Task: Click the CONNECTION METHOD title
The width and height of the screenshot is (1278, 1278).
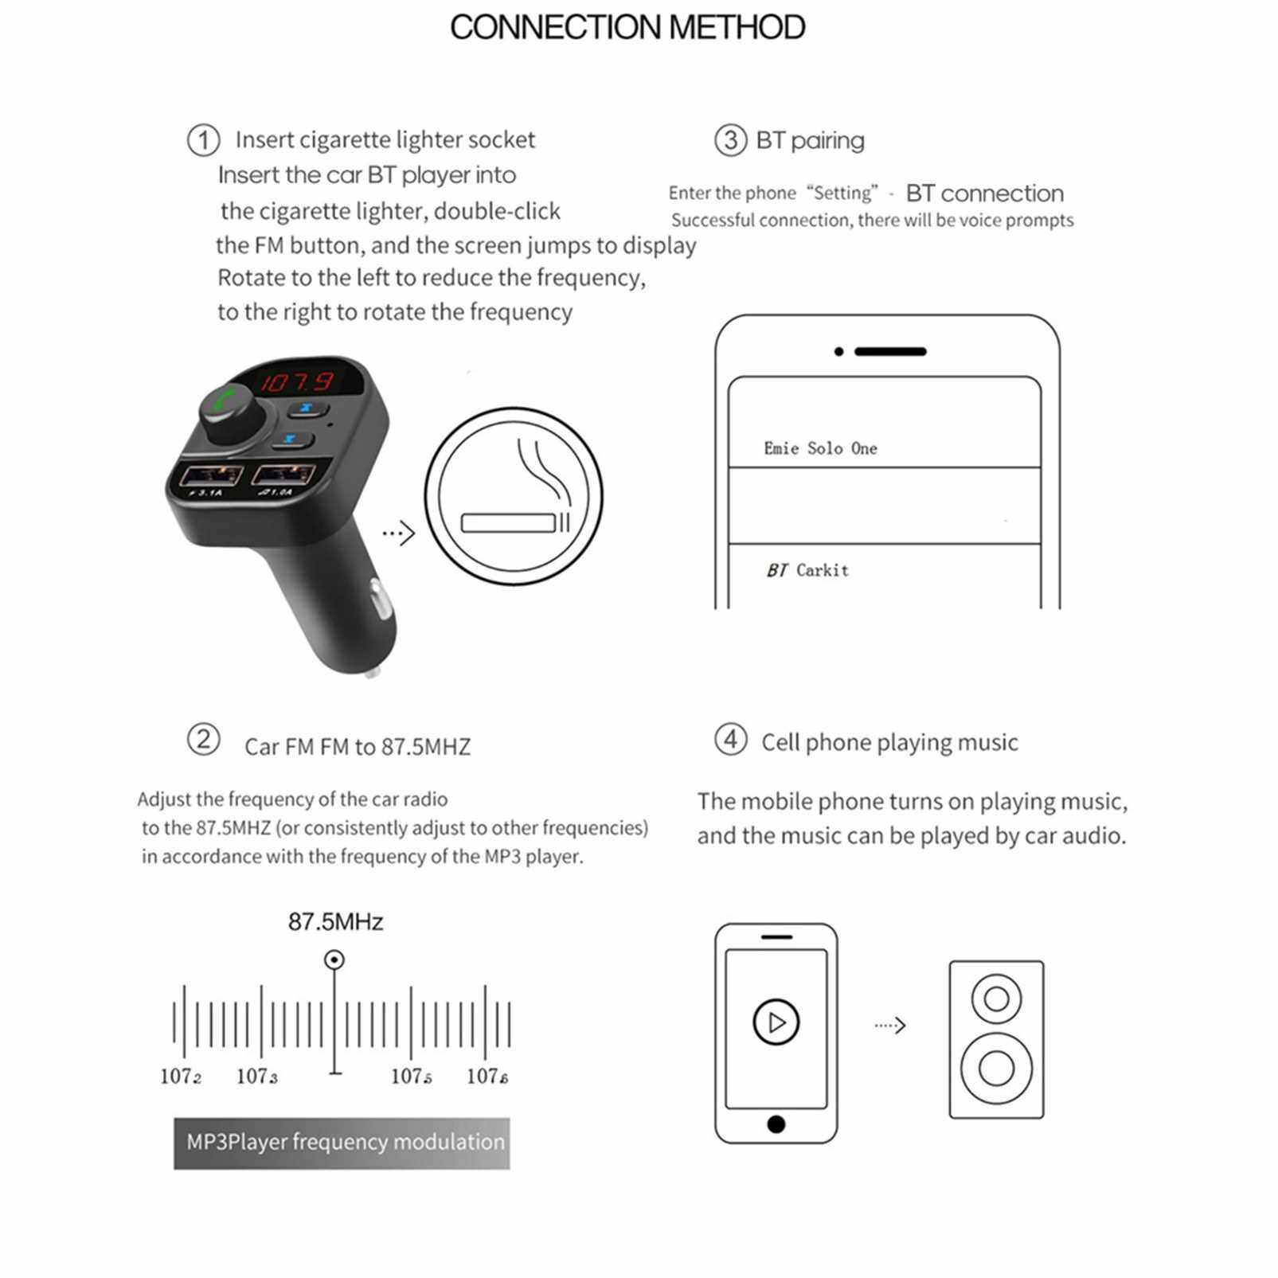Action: click(x=627, y=27)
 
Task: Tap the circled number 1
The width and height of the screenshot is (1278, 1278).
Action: click(x=203, y=140)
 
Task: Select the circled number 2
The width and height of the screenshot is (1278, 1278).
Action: click(x=203, y=739)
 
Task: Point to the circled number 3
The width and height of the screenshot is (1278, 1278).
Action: click(x=730, y=140)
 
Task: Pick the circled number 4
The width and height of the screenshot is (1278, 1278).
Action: click(x=730, y=739)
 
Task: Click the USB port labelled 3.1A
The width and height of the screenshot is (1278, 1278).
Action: click(x=211, y=475)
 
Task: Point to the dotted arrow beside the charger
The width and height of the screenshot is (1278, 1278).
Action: click(x=399, y=533)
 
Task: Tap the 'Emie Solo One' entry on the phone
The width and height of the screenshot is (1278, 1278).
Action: click(x=820, y=448)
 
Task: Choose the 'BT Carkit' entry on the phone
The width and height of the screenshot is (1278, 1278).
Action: click(x=807, y=570)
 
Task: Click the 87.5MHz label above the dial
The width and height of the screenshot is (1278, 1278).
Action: click(x=335, y=922)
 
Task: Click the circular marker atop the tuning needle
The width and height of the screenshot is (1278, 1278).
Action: click(x=334, y=959)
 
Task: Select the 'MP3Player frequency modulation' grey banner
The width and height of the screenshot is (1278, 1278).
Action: click(x=342, y=1143)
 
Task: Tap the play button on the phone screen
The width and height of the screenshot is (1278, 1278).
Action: click(x=776, y=1022)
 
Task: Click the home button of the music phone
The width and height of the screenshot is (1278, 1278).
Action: click(x=776, y=1124)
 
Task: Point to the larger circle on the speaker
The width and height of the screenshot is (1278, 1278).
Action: click(x=996, y=1068)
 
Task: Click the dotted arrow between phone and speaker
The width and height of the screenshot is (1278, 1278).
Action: click(x=890, y=1025)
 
